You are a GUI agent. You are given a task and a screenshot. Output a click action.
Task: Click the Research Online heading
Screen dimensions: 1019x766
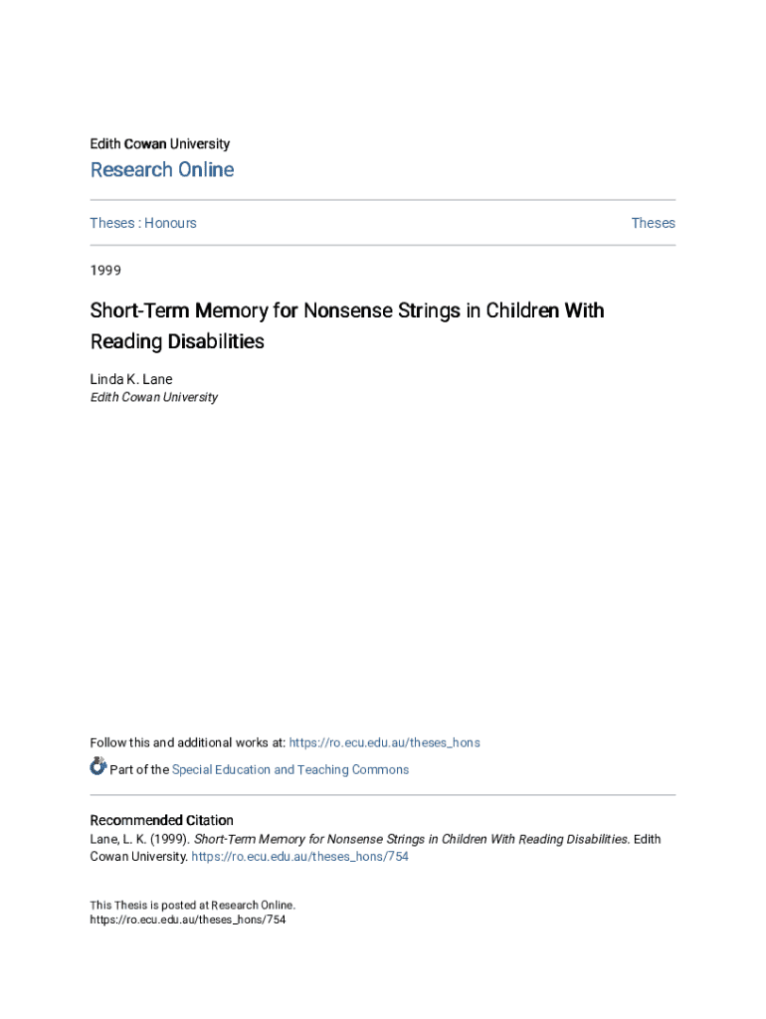click(162, 170)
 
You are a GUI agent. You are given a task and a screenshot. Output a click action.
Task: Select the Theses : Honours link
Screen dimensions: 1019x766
click(143, 223)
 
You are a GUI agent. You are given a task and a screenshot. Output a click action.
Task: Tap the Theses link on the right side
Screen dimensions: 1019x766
click(653, 223)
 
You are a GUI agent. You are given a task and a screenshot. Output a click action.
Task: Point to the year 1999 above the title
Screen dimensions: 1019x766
click(105, 269)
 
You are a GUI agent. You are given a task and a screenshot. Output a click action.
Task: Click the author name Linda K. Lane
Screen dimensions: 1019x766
click(131, 379)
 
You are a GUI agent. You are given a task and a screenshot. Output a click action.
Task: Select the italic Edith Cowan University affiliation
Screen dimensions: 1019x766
click(153, 397)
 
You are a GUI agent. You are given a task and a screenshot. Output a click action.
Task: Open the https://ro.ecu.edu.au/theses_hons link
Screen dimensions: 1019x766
click(384, 742)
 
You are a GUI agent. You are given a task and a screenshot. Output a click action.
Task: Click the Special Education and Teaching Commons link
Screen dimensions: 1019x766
click(289, 769)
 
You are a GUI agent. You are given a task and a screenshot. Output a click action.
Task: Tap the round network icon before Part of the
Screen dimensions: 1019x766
click(98, 766)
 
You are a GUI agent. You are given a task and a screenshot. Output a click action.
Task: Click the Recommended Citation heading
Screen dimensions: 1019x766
click(161, 820)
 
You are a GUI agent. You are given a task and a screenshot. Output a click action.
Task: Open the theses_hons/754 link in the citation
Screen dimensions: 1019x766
click(299, 857)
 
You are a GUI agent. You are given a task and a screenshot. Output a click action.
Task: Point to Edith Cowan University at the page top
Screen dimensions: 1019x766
click(159, 144)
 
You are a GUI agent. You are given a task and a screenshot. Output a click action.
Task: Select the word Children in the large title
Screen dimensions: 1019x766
click(511, 310)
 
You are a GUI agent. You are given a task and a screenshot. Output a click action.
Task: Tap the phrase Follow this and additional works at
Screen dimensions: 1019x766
click(187, 742)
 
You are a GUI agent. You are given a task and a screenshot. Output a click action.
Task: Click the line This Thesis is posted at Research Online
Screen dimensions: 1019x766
click(193, 905)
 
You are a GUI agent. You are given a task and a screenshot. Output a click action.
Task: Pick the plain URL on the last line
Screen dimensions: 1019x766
click(188, 919)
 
